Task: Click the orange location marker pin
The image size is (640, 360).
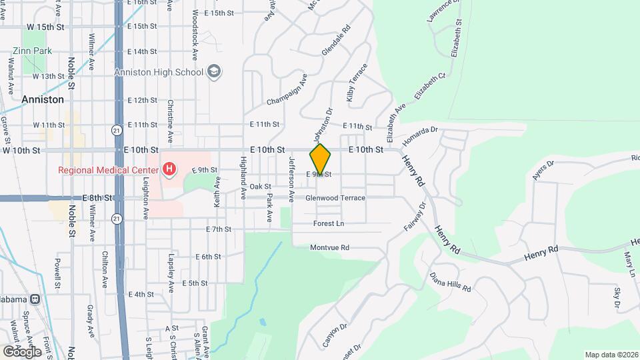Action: (x=321, y=159)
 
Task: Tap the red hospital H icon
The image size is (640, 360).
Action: (x=169, y=170)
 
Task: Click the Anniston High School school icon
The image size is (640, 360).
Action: (x=214, y=72)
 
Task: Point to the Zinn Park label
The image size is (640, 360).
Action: (x=27, y=51)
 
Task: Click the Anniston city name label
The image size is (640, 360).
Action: (x=43, y=99)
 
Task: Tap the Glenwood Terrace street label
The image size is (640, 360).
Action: (x=335, y=198)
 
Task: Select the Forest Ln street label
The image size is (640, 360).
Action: (x=329, y=223)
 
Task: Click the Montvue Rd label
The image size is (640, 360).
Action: (x=330, y=247)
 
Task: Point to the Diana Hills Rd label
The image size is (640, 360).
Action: (x=450, y=281)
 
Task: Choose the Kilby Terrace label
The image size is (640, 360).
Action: (x=356, y=83)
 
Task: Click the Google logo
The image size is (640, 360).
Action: (x=21, y=351)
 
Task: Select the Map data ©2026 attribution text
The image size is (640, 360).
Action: (x=611, y=355)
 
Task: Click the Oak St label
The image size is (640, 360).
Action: (x=260, y=187)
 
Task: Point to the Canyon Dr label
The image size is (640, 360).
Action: (x=335, y=335)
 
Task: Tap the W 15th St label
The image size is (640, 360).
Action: (x=45, y=27)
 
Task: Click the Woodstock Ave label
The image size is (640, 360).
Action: (x=195, y=32)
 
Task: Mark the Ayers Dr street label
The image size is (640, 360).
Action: (x=543, y=171)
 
